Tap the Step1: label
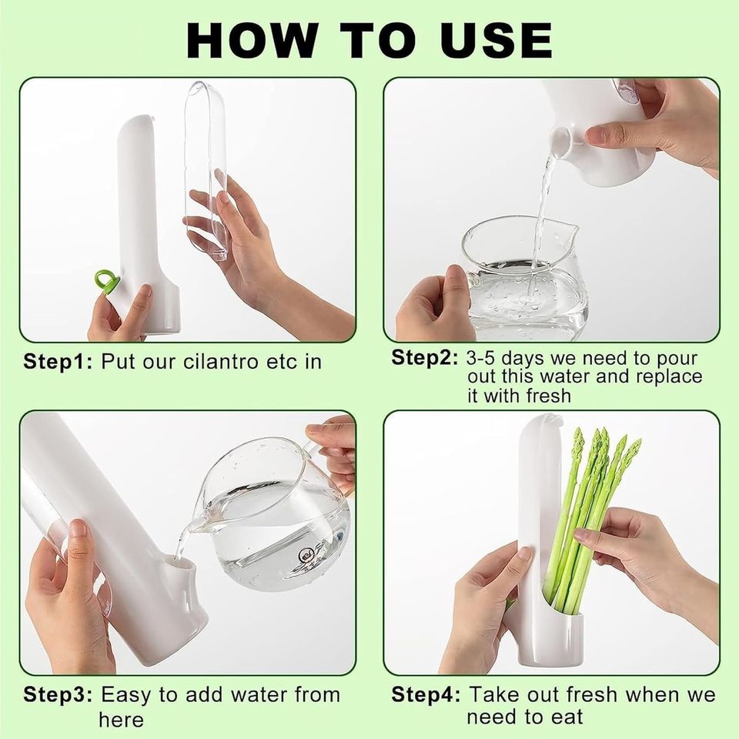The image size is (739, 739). click(59, 361)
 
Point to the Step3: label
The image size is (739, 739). click(59, 694)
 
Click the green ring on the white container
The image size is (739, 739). click(106, 281)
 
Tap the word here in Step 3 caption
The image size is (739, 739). click(121, 720)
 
